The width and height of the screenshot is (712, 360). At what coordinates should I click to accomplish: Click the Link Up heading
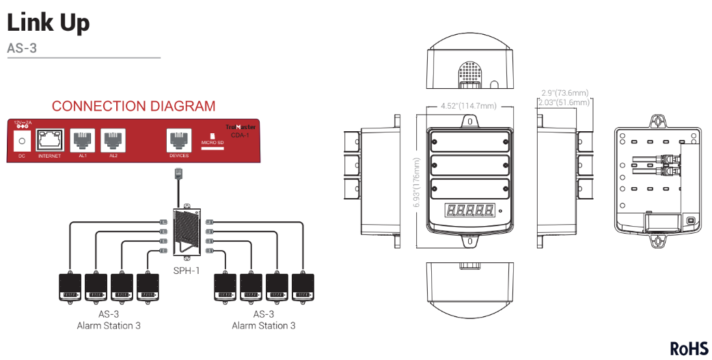point(48,23)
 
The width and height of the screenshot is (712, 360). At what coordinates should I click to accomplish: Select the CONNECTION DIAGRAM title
point(133,107)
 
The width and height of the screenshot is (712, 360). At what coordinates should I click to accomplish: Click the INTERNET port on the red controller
point(50,140)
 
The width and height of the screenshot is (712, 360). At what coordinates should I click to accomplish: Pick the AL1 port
point(83,140)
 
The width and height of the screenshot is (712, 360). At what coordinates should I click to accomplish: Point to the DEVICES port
point(178,140)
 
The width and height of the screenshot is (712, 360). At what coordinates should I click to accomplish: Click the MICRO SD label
point(212,143)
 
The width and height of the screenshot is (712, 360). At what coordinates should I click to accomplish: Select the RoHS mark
point(689,348)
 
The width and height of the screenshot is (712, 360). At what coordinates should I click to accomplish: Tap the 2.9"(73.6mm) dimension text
point(564,93)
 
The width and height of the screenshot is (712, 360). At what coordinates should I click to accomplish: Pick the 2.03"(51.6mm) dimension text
point(564,102)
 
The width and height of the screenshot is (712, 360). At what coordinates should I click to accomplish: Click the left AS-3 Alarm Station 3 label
point(109,320)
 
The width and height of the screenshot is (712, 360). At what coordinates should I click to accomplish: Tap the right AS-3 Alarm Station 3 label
point(263,320)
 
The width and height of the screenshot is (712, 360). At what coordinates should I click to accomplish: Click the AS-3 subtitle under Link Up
point(22,49)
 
